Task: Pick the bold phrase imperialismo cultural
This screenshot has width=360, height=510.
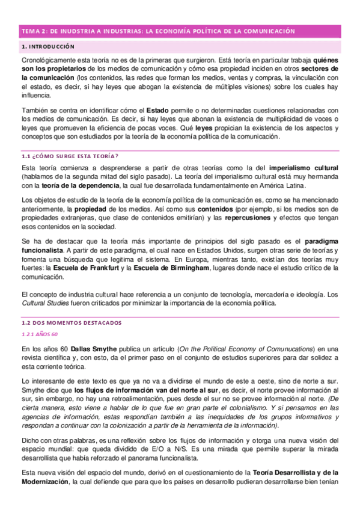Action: [304, 167]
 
